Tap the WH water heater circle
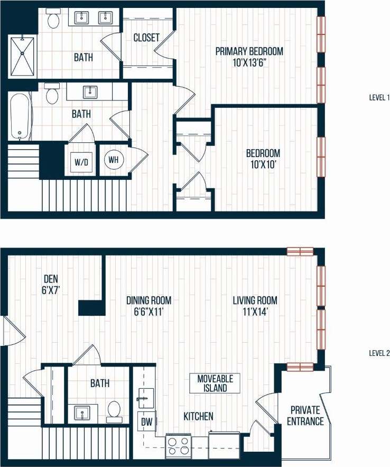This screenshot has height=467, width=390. coord(114,159)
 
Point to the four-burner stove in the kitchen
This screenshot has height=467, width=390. coord(179,445)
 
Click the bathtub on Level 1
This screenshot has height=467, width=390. coord(20,116)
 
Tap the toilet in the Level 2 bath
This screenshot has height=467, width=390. coord(114,411)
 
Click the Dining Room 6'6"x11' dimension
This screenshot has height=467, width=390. coord(148,312)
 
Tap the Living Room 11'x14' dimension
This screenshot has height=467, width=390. coord(255,312)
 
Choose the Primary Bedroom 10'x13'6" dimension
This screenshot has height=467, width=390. coord(249,62)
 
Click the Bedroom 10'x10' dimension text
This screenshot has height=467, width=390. coord(263,164)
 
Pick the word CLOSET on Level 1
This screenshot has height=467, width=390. coord(146,38)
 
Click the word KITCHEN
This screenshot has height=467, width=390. coord(198,416)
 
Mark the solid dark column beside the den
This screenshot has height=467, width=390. coord(91,307)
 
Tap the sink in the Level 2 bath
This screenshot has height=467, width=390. coord(81,412)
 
